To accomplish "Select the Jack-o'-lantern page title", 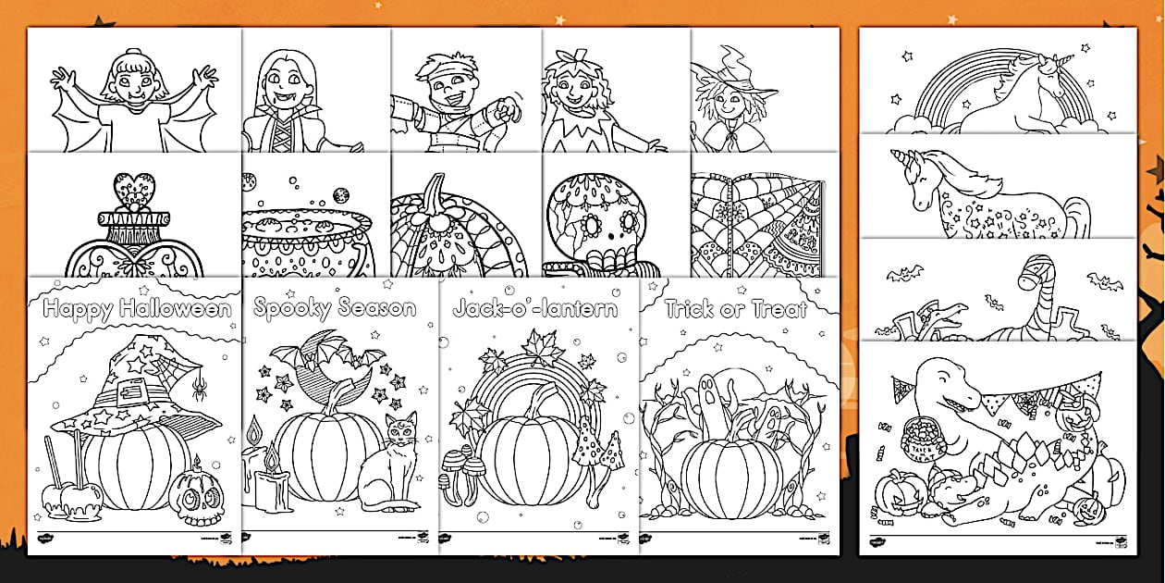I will [x=535, y=308].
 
